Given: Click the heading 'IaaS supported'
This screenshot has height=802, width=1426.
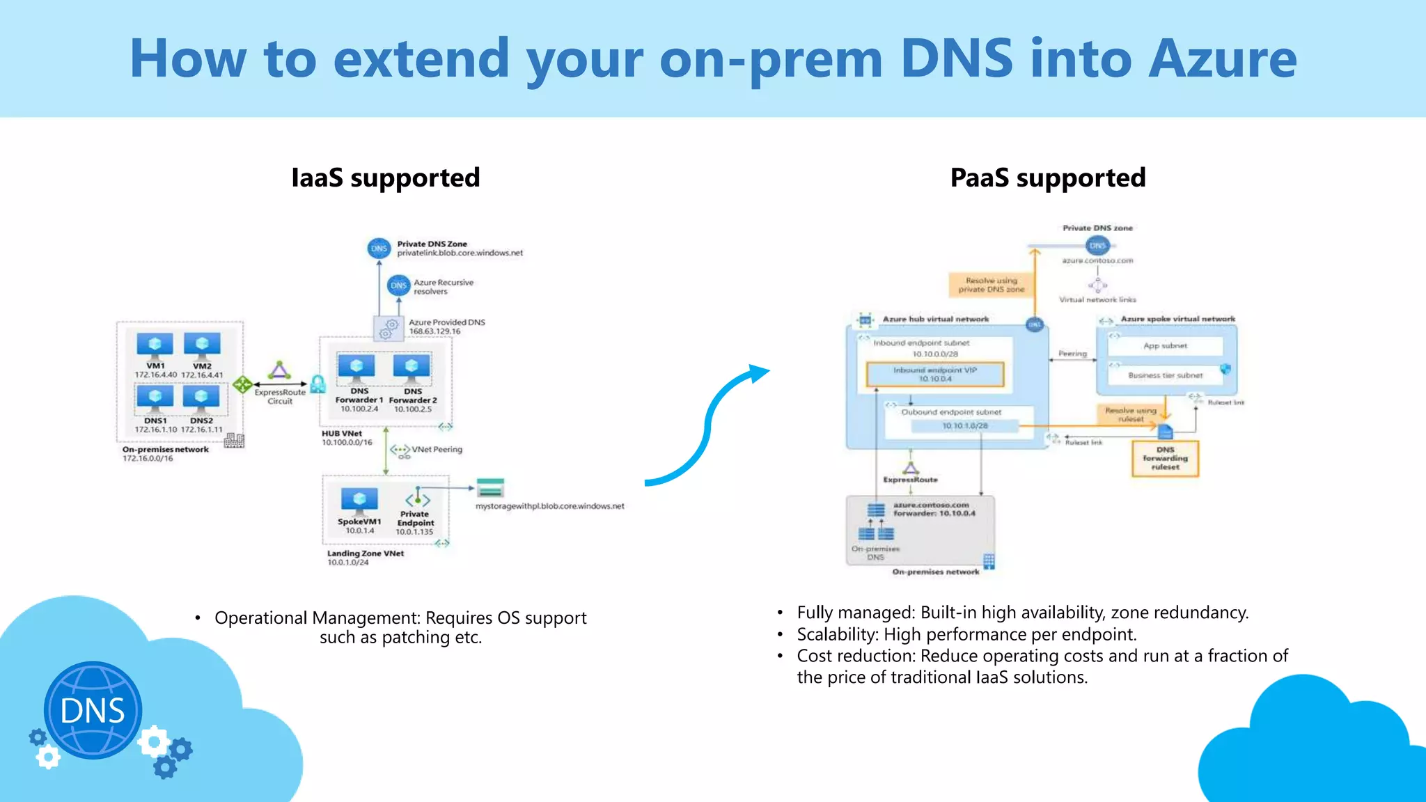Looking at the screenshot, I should click(385, 178).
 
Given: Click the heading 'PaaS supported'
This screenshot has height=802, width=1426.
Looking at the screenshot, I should click(1047, 178).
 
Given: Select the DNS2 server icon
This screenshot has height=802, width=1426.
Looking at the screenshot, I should click(201, 398).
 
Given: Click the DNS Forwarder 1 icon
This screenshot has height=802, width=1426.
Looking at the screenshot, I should click(356, 368).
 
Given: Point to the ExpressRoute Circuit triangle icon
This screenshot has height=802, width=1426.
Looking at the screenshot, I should click(279, 370).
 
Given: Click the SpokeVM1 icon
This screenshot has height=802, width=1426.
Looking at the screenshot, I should click(359, 501).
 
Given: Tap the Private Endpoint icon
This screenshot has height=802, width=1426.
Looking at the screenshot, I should click(417, 498).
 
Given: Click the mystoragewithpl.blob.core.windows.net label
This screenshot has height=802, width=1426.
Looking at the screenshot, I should click(549, 506).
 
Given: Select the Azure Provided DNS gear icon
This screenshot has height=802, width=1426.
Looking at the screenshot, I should click(389, 329).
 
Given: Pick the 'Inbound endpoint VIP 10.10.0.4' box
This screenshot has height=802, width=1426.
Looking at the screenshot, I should click(934, 375).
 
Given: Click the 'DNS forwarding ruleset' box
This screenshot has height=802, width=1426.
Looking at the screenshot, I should click(1165, 458).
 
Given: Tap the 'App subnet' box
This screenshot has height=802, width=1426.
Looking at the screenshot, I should click(1165, 346).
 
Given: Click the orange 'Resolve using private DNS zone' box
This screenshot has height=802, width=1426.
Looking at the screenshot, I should click(991, 285).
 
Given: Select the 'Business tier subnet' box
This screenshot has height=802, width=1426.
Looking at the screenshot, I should click(1165, 375).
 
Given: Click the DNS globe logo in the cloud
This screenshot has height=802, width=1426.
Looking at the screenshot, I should click(93, 710).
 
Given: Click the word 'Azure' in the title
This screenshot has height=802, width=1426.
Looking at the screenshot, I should click(1222, 59).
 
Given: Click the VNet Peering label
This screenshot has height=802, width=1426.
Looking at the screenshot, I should click(437, 450).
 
